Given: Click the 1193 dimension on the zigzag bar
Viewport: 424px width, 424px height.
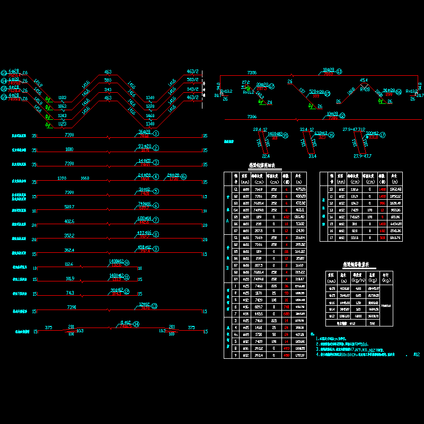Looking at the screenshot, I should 63,98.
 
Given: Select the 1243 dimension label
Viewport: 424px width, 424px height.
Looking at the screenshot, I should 63,116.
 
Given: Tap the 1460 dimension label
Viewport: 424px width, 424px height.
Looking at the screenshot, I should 150,116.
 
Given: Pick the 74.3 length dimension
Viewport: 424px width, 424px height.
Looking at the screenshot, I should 69,293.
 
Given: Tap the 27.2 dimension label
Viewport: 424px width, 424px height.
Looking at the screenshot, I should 245,82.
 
